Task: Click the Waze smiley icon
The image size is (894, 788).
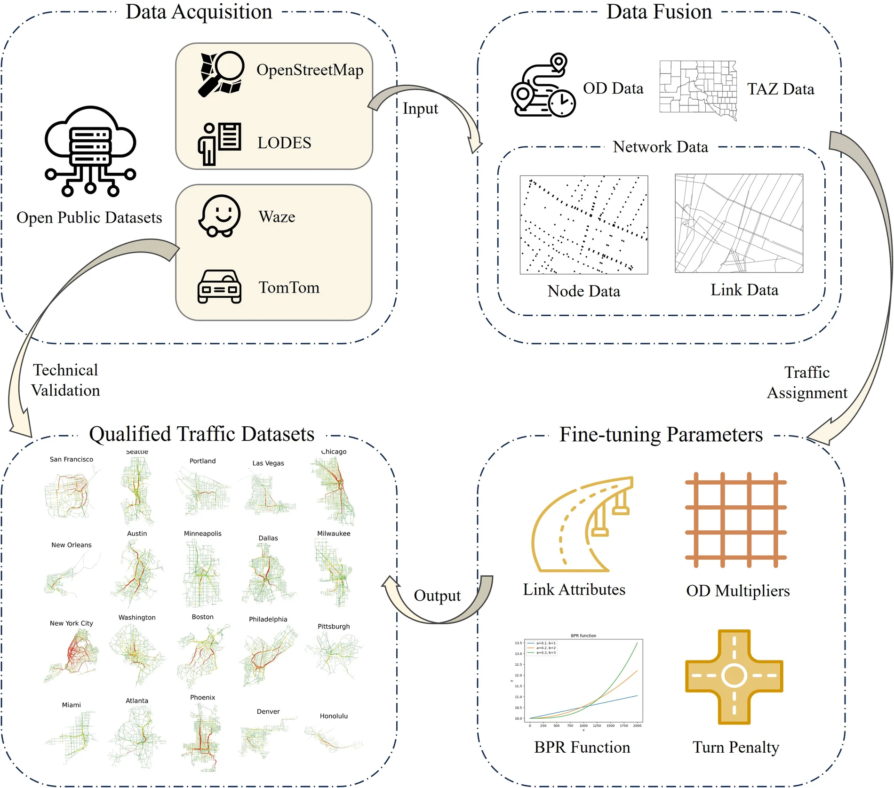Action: (x=219, y=216)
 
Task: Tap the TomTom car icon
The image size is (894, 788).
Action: (x=219, y=287)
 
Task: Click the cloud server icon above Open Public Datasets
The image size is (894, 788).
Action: (x=90, y=151)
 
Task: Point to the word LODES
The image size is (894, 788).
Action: (x=284, y=143)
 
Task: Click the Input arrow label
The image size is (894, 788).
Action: (x=420, y=108)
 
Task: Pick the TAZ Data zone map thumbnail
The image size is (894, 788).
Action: (x=698, y=89)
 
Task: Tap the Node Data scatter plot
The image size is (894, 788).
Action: (x=583, y=224)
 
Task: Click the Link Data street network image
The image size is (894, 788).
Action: (x=739, y=223)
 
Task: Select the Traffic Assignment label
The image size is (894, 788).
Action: (x=807, y=382)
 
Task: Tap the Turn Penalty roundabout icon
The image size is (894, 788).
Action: (x=734, y=677)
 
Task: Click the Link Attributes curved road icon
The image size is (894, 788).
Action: (x=582, y=525)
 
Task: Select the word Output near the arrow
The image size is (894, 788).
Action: (x=437, y=596)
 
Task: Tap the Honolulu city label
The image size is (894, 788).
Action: (x=334, y=716)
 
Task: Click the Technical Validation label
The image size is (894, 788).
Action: (x=66, y=380)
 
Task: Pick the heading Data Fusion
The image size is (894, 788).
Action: (x=659, y=11)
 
